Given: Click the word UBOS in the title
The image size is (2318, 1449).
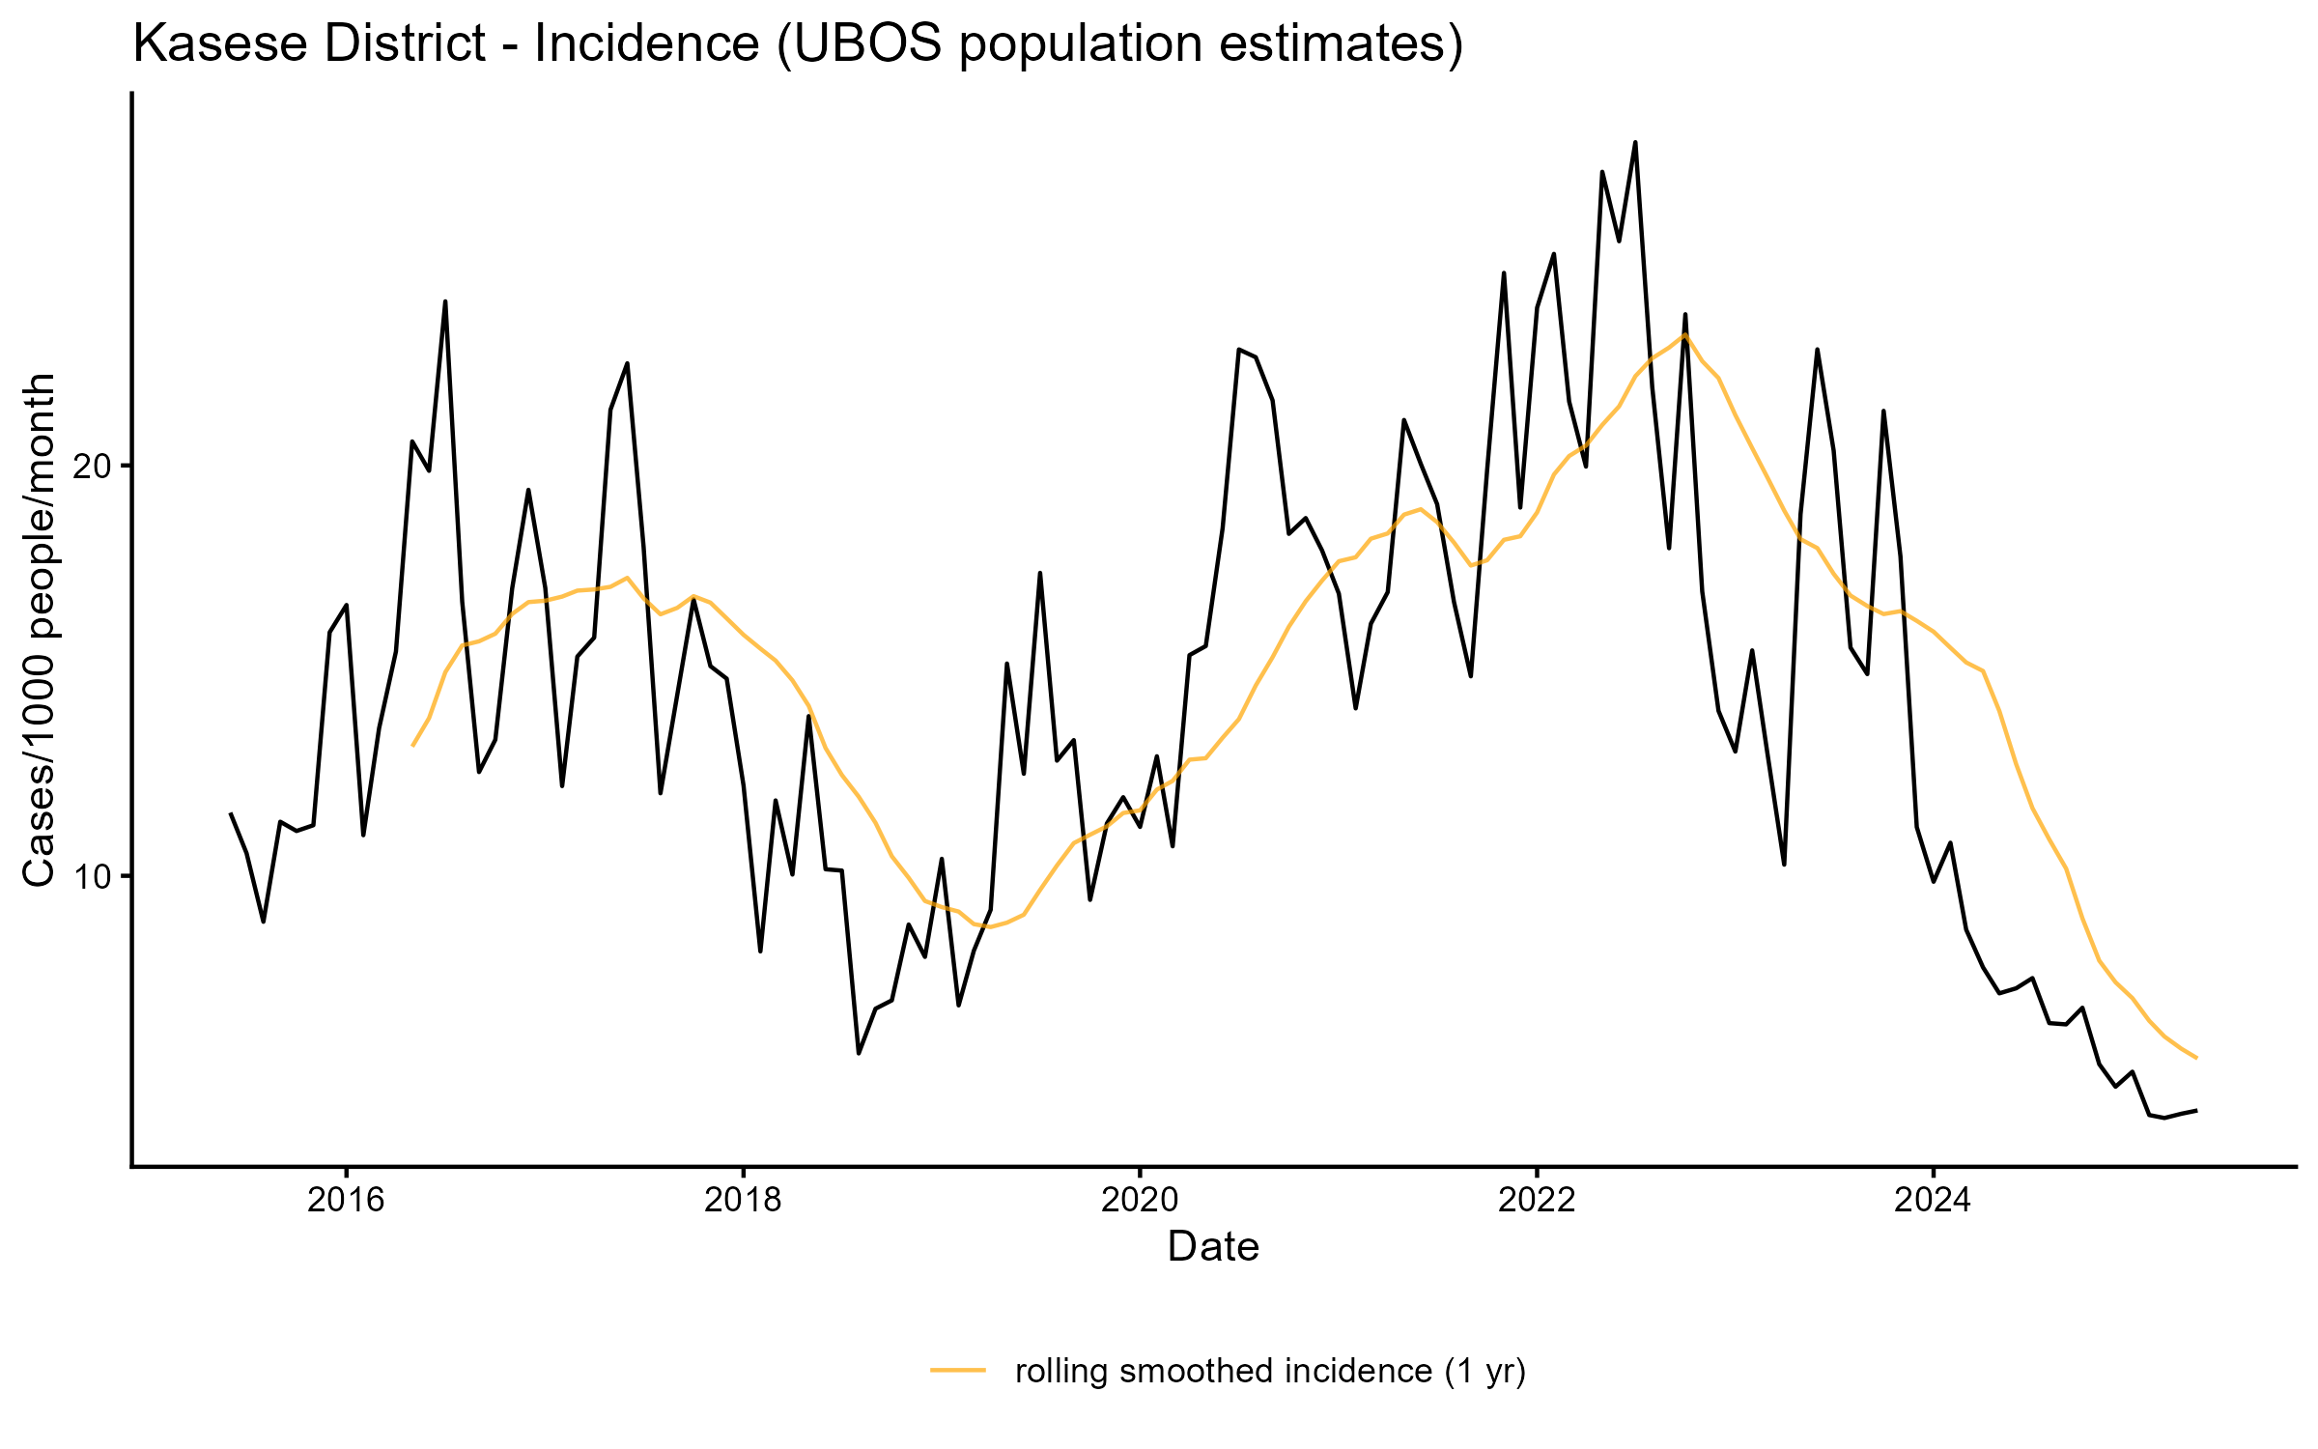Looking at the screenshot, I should click(870, 44).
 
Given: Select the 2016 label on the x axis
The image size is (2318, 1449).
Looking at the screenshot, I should click(346, 1200).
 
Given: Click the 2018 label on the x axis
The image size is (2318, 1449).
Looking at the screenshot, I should click(743, 1200).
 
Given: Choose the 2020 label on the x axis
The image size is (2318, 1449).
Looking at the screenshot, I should click(1140, 1200).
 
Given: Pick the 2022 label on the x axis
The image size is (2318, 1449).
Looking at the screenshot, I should click(1537, 1200).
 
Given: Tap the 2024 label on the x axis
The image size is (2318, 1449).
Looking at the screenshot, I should click(1933, 1200).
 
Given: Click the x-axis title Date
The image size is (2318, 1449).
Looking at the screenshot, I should click(1213, 1247).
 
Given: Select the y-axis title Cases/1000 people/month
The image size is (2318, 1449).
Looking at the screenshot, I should click(40, 630).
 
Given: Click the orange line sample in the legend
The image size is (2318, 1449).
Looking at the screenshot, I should click(958, 1370).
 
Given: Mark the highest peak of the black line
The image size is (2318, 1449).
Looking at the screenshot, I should click(1635, 143).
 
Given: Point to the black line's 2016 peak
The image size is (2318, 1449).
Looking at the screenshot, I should click(445, 301).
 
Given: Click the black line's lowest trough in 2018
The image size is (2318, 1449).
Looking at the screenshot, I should click(859, 1053).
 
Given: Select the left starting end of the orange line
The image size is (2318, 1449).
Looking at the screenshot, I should click(412, 746).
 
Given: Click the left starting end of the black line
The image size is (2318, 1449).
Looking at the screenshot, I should click(230, 813).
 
